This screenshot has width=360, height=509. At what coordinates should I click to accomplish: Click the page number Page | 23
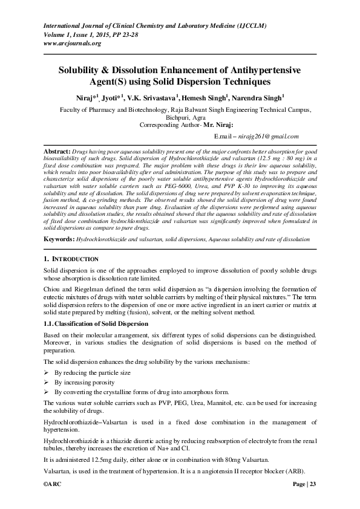pos(304,485)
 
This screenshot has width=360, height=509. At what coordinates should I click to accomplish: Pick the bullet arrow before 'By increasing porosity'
pos(47,383)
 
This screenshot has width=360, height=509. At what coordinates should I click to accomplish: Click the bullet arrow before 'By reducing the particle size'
pos(47,373)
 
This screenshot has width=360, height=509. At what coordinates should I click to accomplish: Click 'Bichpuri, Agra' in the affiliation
pos(180,118)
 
